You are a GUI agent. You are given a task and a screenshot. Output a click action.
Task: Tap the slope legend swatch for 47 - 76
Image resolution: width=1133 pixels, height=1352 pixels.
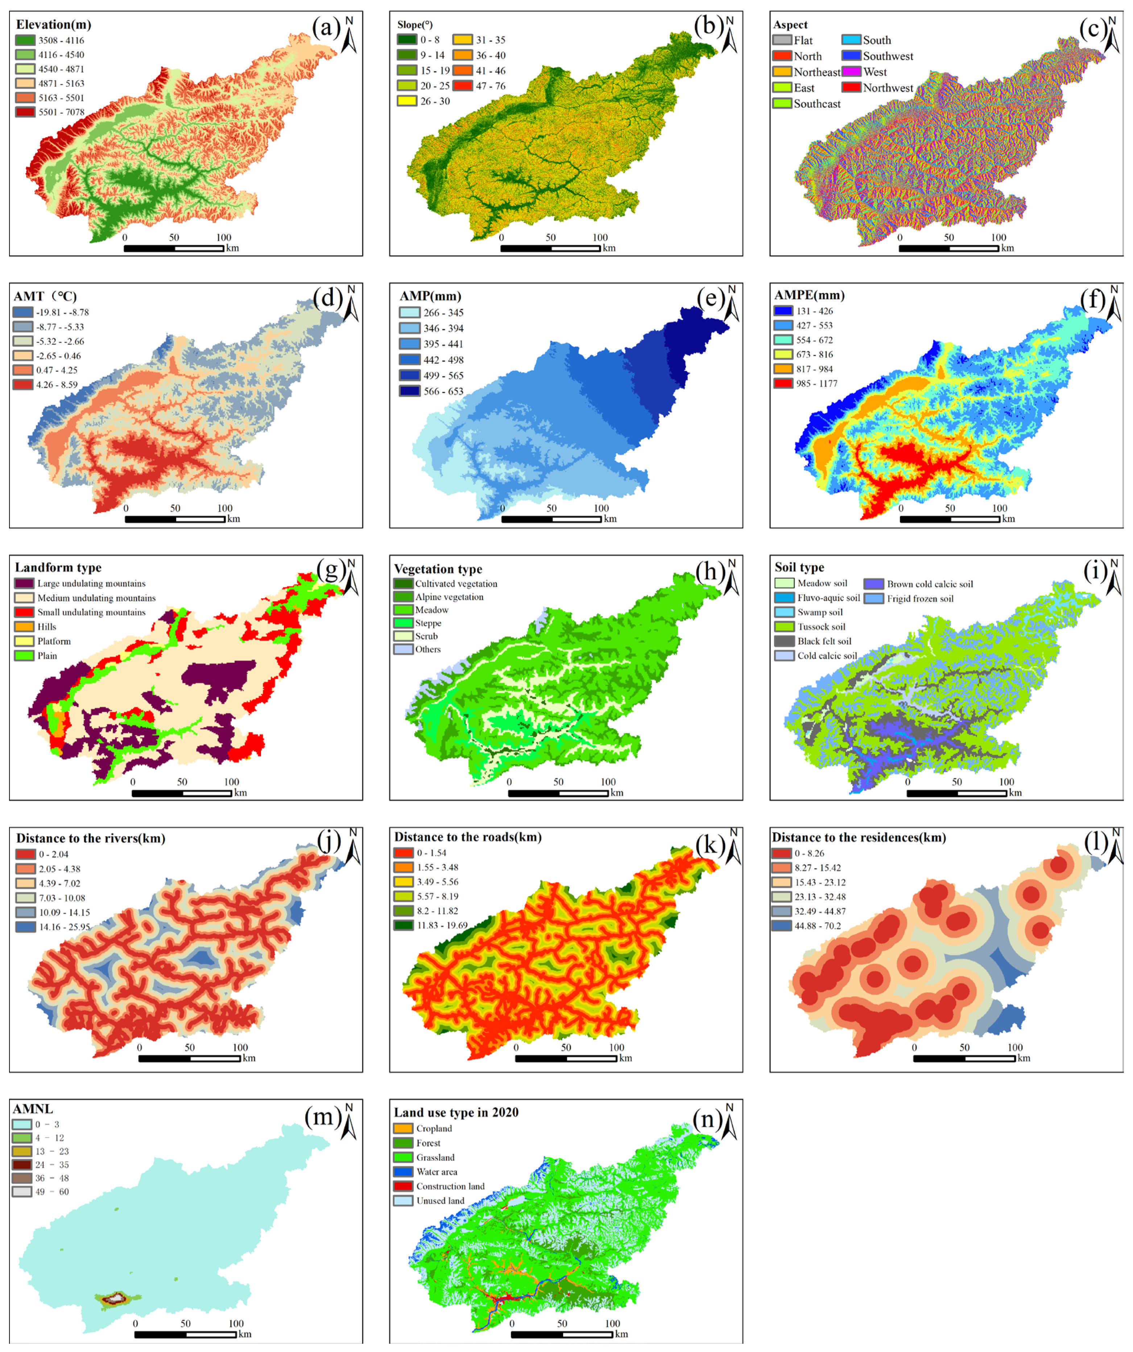[463, 86]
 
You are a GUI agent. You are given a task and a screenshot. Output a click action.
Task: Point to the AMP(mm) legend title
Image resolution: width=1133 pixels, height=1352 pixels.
[430, 296]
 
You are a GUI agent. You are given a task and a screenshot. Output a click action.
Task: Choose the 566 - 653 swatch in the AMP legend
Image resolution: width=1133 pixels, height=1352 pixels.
[409, 391]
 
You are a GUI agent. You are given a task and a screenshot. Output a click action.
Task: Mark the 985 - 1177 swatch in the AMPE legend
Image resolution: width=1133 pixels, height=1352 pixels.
[783, 383]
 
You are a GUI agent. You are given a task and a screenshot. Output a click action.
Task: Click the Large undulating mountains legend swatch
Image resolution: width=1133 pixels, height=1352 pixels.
[24, 583]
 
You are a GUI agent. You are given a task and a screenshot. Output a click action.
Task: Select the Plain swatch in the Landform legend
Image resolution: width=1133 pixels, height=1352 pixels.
[24, 655]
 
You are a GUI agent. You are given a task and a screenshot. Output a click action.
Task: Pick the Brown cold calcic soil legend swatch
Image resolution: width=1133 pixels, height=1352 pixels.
[873, 584]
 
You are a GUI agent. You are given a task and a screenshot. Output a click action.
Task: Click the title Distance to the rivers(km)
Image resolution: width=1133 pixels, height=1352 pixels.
[91, 838]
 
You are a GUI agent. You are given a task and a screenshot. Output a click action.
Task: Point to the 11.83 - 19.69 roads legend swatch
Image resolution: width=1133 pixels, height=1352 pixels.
[404, 925]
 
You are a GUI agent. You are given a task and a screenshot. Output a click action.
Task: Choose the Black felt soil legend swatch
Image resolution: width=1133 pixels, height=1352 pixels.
[783, 641]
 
